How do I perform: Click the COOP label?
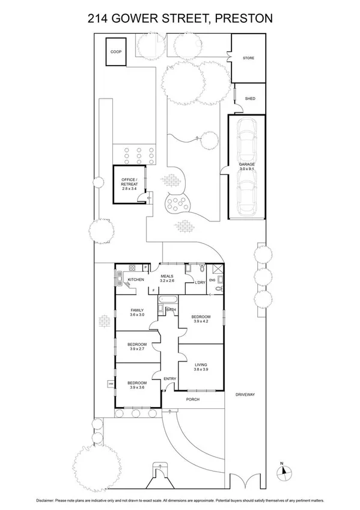pyautogui.click(x=116, y=52)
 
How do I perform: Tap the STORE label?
pyautogui.click(x=248, y=58)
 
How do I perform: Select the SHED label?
pyautogui.click(x=249, y=99)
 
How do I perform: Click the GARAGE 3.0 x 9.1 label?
pyautogui.click(x=247, y=167)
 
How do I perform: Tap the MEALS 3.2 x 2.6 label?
pyautogui.click(x=166, y=278)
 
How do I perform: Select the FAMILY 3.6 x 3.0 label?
pyautogui.click(x=138, y=312)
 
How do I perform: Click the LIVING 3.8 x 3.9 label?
pyautogui.click(x=201, y=367)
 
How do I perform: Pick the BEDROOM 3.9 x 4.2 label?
pyautogui.click(x=201, y=319)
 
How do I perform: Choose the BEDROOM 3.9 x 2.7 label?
pyautogui.click(x=138, y=346)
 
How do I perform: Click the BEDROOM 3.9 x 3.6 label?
pyautogui.click(x=138, y=385)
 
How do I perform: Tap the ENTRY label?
pyautogui.click(x=170, y=378)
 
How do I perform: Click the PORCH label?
pyautogui.click(x=193, y=399)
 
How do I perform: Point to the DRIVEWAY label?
pyautogui.click(x=246, y=395)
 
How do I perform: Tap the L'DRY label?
pyautogui.click(x=201, y=281)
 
